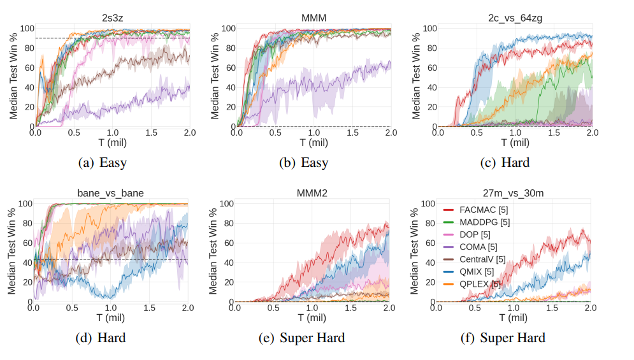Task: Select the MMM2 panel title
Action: click(x=312, y=193)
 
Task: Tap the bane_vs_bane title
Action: click(x=111, y=193)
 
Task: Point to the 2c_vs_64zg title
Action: click(x=514, y=18)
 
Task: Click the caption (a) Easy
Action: click(x=102, y=162)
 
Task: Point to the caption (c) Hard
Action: click(x=505, y=162)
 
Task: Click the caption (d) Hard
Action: click(x=101, y=338)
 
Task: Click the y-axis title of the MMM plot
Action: click(x=214, y=73)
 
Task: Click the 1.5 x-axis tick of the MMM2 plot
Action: click(x=350, y=308)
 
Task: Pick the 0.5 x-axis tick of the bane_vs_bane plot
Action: click(x=72, y=308)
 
